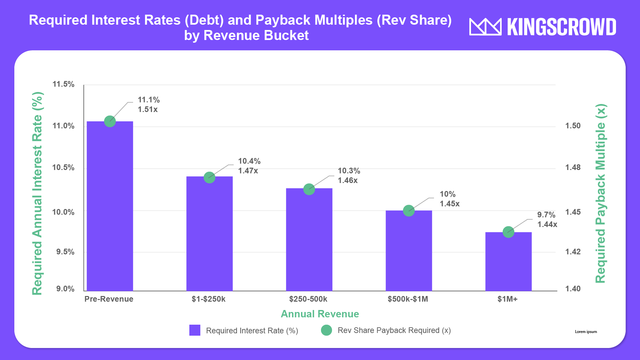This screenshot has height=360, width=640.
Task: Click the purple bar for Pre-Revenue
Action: (x=110, y=207)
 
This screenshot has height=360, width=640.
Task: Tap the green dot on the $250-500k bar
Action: (x=309, y=189)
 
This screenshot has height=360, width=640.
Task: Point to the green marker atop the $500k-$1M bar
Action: (x=409, y=211)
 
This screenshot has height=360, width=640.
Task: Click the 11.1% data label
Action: (x=149, y=100)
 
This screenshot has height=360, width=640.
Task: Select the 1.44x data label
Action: (x=547, y=224)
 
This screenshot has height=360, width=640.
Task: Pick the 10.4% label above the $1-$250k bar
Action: (x=249, y=161)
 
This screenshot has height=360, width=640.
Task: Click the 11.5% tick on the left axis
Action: (x=63, y=84)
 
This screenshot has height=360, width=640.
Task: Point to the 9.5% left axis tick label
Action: (x=65, y=252)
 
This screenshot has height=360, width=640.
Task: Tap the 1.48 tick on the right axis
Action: (x=573, y=167)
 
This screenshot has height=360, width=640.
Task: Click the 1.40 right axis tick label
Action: (x=573, y=289)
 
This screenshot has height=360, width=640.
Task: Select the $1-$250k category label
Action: (x=208, y=299)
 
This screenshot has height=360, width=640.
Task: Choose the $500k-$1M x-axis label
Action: (x=408, y=299)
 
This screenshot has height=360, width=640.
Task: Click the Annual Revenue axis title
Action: (x=320, y=314)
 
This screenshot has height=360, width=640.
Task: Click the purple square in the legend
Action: (x=195, y=330)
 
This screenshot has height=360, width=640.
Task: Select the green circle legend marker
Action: (x=326, y=330)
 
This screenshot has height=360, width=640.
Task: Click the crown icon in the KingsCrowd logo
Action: (x=485, y=27)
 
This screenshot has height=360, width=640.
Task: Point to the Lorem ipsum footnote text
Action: (x=586, y=332)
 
